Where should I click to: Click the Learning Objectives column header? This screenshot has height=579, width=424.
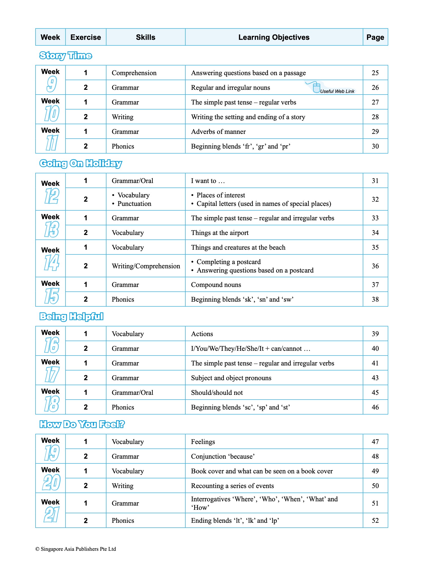tap(274, 37)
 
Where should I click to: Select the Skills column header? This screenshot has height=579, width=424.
tap(146, 37)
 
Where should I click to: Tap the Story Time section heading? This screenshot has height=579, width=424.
tap(66, 55)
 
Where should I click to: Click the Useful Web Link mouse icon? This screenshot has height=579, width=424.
tap(316, 88)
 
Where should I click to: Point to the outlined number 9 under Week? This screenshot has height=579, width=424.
tap(51, 84)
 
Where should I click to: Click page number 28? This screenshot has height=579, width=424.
tap(375, 117)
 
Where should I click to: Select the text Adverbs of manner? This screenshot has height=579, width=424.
tap(218, 132)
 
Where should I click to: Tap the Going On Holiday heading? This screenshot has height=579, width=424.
tap(81, 163)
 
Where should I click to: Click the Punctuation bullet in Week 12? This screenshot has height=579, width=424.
tap(134, 204)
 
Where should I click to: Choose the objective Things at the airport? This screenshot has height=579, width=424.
tap(220, 233)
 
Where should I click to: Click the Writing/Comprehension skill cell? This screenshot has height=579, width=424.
tap(146, 266)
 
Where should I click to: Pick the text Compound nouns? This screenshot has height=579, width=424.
tap(216, 285)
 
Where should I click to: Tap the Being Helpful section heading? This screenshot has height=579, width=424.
tap(71, 316)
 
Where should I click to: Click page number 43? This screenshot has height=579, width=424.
tap(375, 378)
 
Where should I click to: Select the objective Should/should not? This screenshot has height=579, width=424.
tap(217, 393)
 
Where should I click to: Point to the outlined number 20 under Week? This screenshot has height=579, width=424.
tap(51, 482)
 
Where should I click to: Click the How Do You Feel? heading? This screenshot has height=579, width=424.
tap(82, 424)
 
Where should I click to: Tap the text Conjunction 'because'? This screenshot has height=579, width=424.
tap(223, 456)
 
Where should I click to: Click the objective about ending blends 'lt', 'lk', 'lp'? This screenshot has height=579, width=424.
tap(235, 521)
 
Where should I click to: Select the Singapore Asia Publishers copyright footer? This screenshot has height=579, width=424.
tap(75, 549)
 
